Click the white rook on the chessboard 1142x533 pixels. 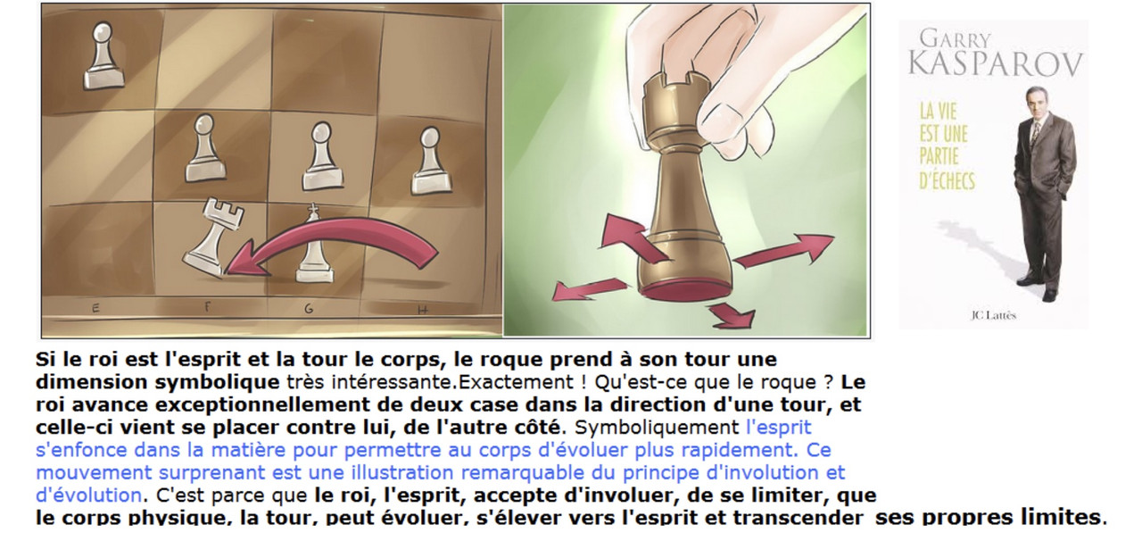(x=213, y=237)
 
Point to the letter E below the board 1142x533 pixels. (x=95, y=308)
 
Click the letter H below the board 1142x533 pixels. (x=422, y=309)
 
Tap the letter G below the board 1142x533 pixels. (x=309, y=309)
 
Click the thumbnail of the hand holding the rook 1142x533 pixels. (x=686, y=171)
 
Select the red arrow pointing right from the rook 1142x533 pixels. (x=784, y=250)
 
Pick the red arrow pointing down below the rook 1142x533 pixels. (x=732, y=315)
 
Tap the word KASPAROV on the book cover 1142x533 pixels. (x=995, y=64)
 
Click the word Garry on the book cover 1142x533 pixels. (x=955, y=38)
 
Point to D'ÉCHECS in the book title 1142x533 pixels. (x=947, y=180)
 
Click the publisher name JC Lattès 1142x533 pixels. (x=993, y=315)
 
